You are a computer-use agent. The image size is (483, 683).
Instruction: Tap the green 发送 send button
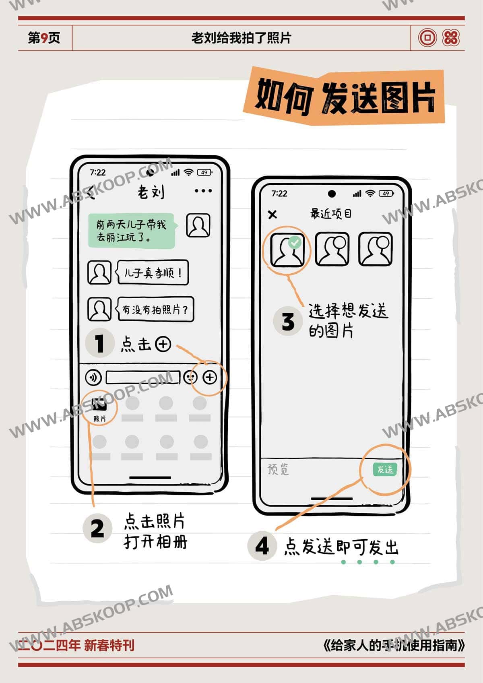click(385, 469)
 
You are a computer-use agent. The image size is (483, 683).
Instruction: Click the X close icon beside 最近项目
click(272, 215)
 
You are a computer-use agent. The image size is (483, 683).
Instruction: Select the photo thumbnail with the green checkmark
click(287, 250)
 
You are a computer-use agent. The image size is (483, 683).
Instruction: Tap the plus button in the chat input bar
click(210, 378)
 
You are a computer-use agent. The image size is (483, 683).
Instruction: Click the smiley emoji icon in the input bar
click(190, 378)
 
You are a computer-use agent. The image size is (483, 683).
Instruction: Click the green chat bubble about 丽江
click(132, 231)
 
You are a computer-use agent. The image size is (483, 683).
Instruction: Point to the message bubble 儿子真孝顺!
click(153, 273)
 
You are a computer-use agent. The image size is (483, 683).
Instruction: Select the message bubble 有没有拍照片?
click(155, 310)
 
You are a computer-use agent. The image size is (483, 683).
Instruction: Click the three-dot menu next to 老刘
click(203, 191)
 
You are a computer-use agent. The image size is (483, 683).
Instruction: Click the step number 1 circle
click(99, 343)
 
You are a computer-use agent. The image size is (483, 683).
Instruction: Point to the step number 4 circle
click(262, 546)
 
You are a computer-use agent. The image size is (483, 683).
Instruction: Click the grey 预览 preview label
click(278, 469)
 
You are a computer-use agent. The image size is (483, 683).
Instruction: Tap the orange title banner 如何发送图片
click(344, 97)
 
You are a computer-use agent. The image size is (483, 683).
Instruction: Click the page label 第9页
click(44, 38)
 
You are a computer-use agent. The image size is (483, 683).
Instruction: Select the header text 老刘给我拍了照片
click(241, 38)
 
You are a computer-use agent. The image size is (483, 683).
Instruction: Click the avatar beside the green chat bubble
click(198, 225)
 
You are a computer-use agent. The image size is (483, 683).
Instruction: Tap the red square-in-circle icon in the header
click(427, 38)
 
